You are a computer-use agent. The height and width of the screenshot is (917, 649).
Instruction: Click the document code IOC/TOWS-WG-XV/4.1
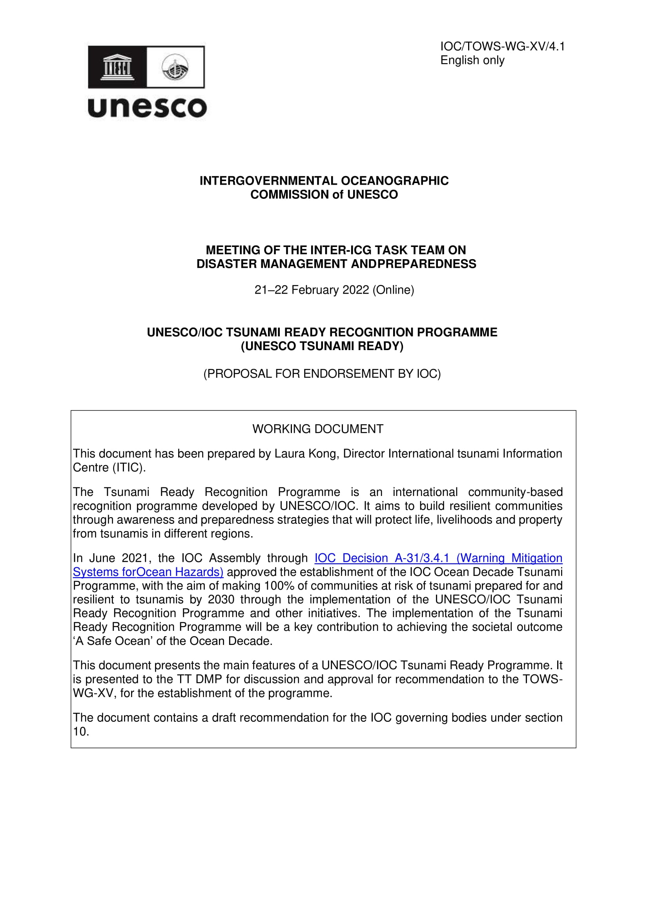pyautogui.click(x=502, y=47)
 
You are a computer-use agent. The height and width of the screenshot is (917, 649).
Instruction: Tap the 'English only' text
pyautogui.click(x=472, y=60)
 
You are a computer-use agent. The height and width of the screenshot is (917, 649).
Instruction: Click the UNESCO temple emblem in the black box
pyautogui.click(x=117, y=67)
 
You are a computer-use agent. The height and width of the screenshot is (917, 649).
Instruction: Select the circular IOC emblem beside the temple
pyautogui.click(x=175, y=67)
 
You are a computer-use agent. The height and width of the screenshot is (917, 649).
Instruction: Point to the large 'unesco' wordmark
pyautogui.click(x=147, y=107)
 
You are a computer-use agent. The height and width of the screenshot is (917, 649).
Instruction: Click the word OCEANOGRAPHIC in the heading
pyautogui.click(x=394, y=181)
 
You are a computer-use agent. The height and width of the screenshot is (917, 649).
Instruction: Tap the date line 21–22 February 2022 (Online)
pyautogui.click(x=334, y=290)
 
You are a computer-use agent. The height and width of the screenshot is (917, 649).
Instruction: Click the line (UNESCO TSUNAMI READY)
pyautogui.click(x=322, y=346)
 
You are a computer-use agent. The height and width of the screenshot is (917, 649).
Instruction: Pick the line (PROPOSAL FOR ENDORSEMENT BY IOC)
pyautogui.click(x=322, y=374)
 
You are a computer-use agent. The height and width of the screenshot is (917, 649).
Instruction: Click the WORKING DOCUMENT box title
pyautogui.click(x=318, y=429)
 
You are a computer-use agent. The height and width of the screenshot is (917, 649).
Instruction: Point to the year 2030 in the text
pyautogui.click(x=221, y=599)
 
